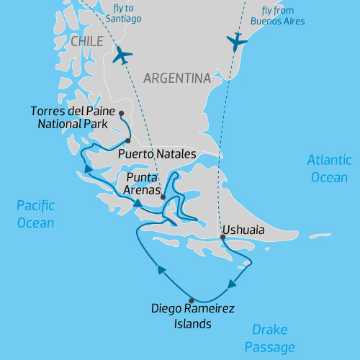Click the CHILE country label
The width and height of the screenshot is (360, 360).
[87, 42]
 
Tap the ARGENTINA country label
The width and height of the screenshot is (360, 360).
[176, 78]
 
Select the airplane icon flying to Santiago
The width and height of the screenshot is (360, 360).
[124, 55]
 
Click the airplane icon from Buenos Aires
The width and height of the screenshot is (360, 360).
[236, 42]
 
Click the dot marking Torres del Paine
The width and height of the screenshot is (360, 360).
[122, 113]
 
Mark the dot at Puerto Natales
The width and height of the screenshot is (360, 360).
[127, 141]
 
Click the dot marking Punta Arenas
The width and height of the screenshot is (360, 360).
[163, 197]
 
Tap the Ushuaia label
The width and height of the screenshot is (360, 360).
[243, 230]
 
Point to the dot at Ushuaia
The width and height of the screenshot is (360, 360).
[222, 237]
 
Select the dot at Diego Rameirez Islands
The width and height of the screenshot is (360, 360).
[191, 300]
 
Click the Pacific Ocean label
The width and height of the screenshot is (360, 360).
[35, 215]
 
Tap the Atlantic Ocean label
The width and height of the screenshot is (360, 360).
[329, 168]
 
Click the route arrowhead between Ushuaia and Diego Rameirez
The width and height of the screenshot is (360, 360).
[232, 284]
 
